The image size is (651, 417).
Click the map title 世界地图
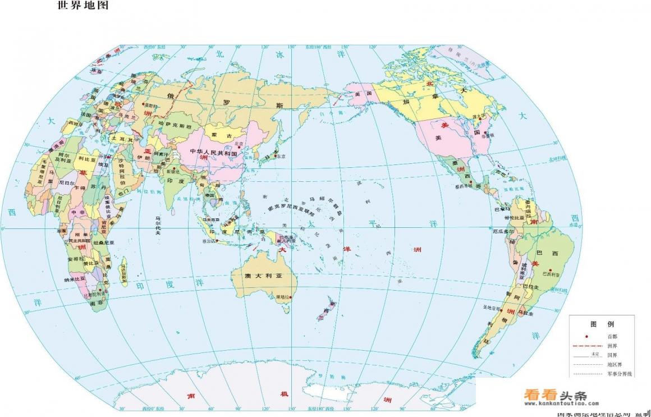click(84, 6)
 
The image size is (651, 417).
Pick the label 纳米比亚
click(75, 279)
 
